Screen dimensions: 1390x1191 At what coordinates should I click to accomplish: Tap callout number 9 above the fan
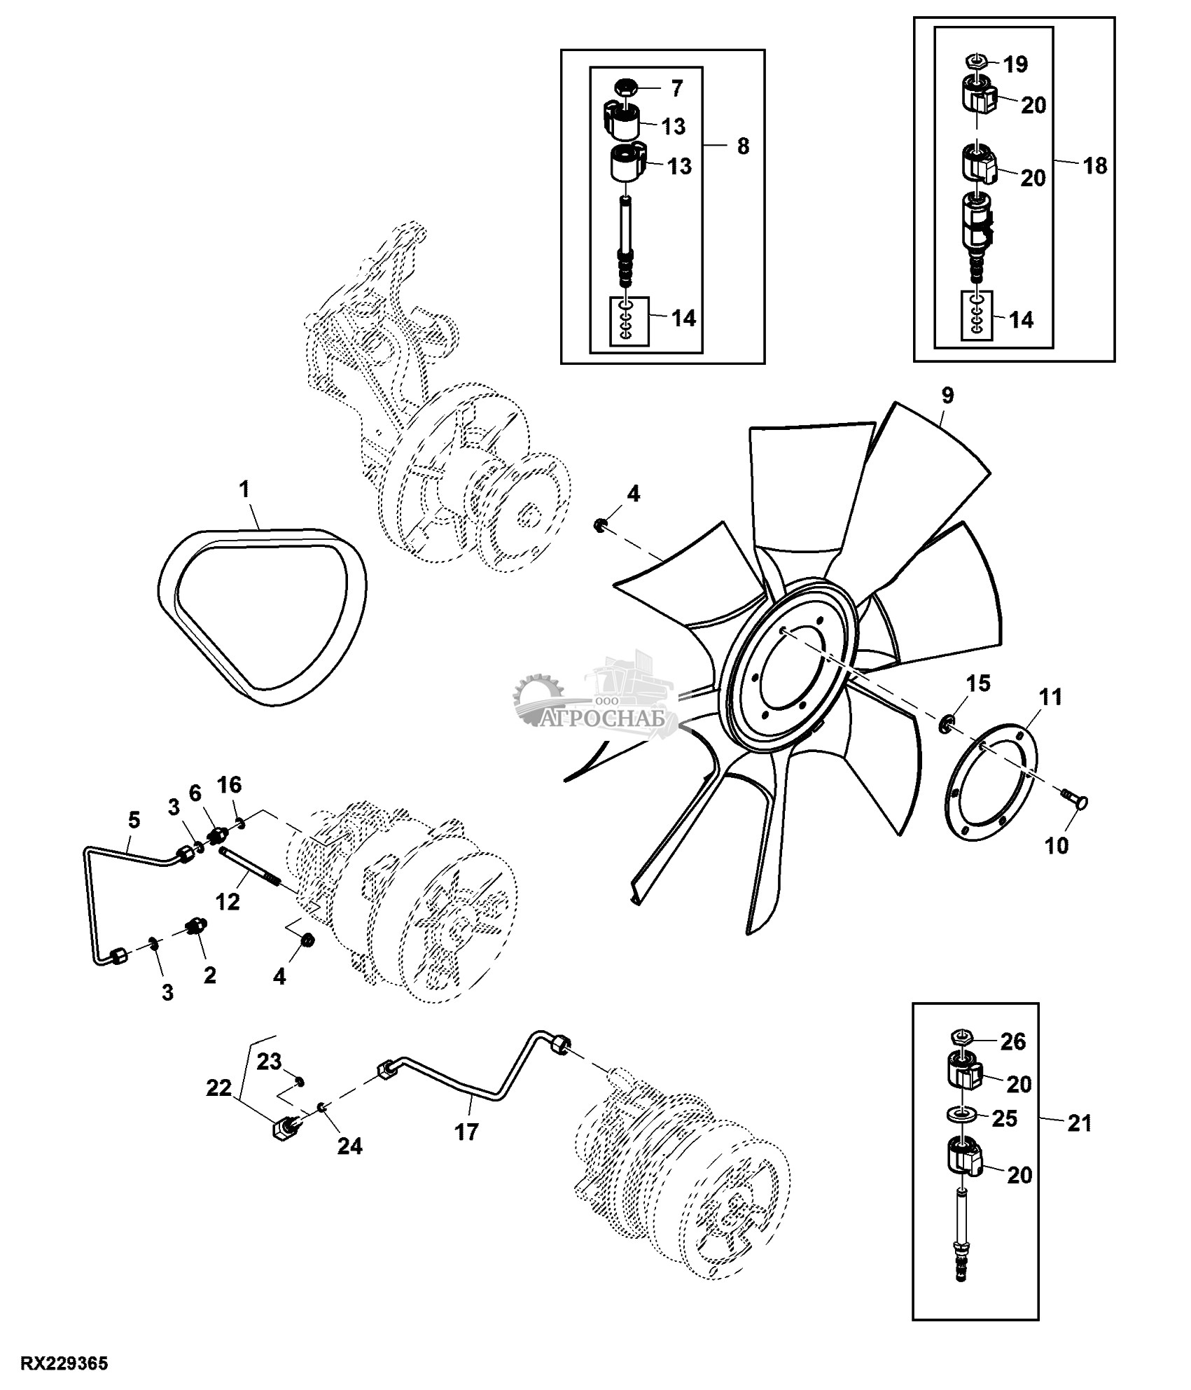[x=947, y=396]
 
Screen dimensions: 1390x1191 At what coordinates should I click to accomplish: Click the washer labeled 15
[x=946, y=723]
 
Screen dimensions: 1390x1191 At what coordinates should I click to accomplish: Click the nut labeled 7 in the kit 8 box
[x=625, y=89]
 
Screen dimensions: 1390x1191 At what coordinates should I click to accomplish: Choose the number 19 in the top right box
[x=1015, y=65]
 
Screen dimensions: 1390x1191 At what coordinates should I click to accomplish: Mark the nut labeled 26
[x=961, y=1056]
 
